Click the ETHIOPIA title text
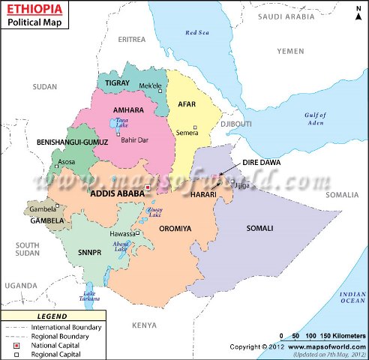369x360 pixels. (x=36, y=10)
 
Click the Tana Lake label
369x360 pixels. (x=123, y=122)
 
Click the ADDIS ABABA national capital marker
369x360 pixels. (x=148, y=187)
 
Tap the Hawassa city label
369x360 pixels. (x=121, y=233)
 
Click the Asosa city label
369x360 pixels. (x=67, y=161)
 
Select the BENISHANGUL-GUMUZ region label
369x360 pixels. (x=73, y=142)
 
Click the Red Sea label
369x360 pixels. (x=196, y=33)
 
